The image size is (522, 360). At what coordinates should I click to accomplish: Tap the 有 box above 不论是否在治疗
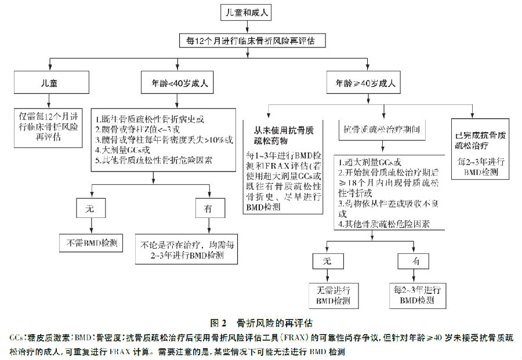pyautogui.click(x=207, y=209)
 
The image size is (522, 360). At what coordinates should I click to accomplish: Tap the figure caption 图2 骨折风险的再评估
pyautogui.click(x=261, y=323)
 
